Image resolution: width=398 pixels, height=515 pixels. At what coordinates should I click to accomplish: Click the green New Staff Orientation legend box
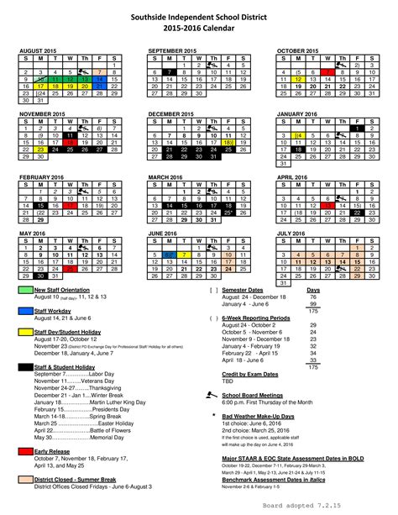24,290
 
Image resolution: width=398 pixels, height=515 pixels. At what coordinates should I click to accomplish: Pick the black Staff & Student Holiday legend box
24,366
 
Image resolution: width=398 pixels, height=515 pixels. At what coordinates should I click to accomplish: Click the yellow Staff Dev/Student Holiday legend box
24,332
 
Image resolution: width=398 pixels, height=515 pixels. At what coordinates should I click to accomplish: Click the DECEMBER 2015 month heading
173,112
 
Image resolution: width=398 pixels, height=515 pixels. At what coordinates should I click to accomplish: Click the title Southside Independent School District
199,16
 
